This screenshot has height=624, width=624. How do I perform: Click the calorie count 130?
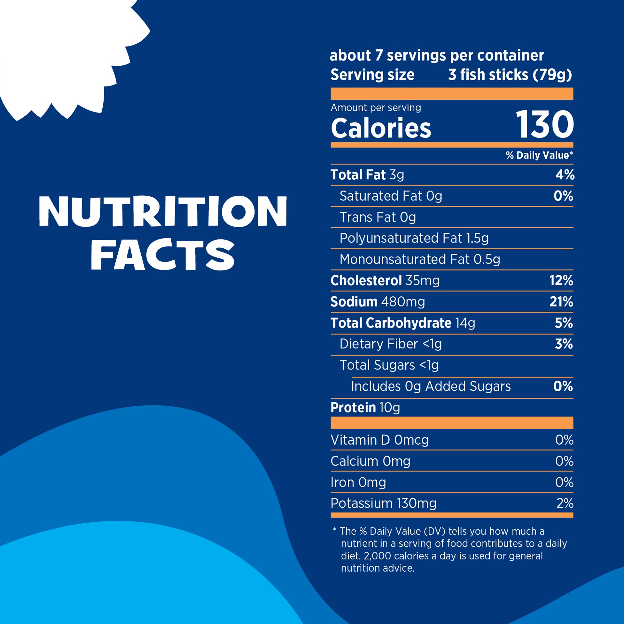[x=545, y=125]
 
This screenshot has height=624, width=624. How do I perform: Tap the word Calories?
[x=381, y=128]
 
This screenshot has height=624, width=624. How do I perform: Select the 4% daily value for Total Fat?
[x=565, y=175]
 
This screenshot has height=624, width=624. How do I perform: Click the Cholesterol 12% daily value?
[x=561, y=280]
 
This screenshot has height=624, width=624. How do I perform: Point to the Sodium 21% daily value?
[x=561, y=302]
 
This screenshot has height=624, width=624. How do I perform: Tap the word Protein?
[x=353, y=408]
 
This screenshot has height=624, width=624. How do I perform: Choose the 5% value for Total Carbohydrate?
[x=564, y=323]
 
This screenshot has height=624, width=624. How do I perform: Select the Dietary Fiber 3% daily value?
[x=564, y=344]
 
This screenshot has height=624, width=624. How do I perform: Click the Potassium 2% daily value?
[x=565, y=503]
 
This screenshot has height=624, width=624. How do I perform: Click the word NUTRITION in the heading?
[x=163, y=211]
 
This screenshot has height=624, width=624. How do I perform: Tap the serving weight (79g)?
[x=552, y=75]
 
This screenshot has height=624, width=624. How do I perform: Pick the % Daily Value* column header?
[x=539, y=155]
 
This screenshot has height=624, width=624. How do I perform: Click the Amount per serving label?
[x=376, y=108]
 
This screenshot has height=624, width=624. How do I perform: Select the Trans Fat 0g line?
[x=378, y=217]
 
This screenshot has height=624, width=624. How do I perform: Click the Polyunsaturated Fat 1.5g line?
[x=414, y=238]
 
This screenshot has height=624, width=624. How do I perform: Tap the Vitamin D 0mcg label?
[x=380, y=440]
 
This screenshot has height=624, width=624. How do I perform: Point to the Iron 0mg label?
[x=358, y=482]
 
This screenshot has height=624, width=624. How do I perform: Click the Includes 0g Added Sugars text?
[x=431, y=386]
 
